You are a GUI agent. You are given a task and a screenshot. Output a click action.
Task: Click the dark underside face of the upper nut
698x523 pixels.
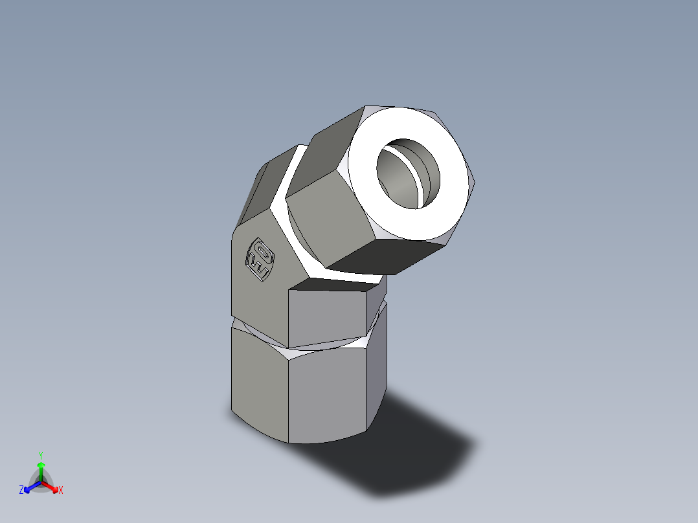[x=382, y=256]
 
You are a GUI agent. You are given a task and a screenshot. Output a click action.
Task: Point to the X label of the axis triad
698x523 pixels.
[x=61, y=491]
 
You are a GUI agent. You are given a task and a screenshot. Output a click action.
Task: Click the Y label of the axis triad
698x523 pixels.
[x=40, y=455]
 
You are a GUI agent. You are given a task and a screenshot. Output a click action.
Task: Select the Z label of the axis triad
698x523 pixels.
[x=21, y=491]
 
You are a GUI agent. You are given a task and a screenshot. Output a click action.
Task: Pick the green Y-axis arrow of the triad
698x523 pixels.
[x=40, y=469]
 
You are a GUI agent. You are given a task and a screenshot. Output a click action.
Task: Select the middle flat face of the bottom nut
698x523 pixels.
[x=327, y=395]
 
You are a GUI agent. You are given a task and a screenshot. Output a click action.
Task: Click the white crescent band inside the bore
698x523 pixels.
[x=424, y=181]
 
